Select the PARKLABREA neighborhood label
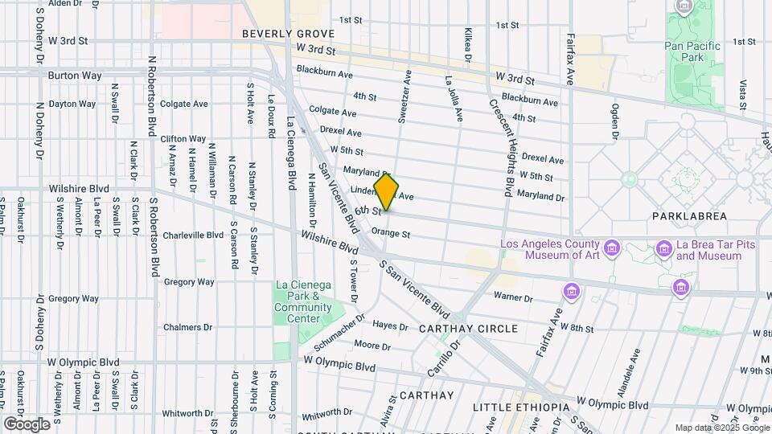click(689, 216)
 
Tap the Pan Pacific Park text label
click(692, 52)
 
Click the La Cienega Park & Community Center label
click(303, 301)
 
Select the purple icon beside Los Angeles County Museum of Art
click(612, 246)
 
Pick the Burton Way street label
click(74, 76)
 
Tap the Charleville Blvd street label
click(193, 235)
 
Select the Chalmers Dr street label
click(187, 327)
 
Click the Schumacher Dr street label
click(339, 333)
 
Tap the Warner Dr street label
click(513, 297)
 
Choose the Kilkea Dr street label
click(468, 43)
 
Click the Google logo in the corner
click(27, 424)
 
